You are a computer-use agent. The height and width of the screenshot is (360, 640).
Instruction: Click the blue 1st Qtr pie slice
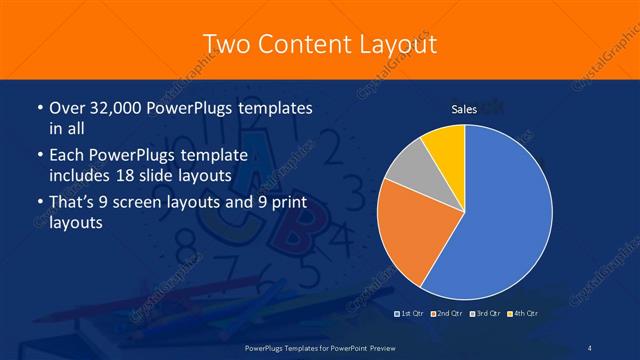point(505,215)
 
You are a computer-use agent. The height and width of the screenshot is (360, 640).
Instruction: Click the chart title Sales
point(464,109)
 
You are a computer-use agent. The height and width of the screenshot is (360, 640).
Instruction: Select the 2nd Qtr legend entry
point(449,314)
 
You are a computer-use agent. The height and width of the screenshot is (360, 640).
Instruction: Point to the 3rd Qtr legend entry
point(486,314)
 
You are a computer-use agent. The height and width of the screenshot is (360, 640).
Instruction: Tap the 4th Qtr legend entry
point(523,314)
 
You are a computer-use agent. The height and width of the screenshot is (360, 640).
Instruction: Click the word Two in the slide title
point(228,43)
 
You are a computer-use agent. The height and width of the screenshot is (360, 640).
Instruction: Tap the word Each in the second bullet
point(66,155)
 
